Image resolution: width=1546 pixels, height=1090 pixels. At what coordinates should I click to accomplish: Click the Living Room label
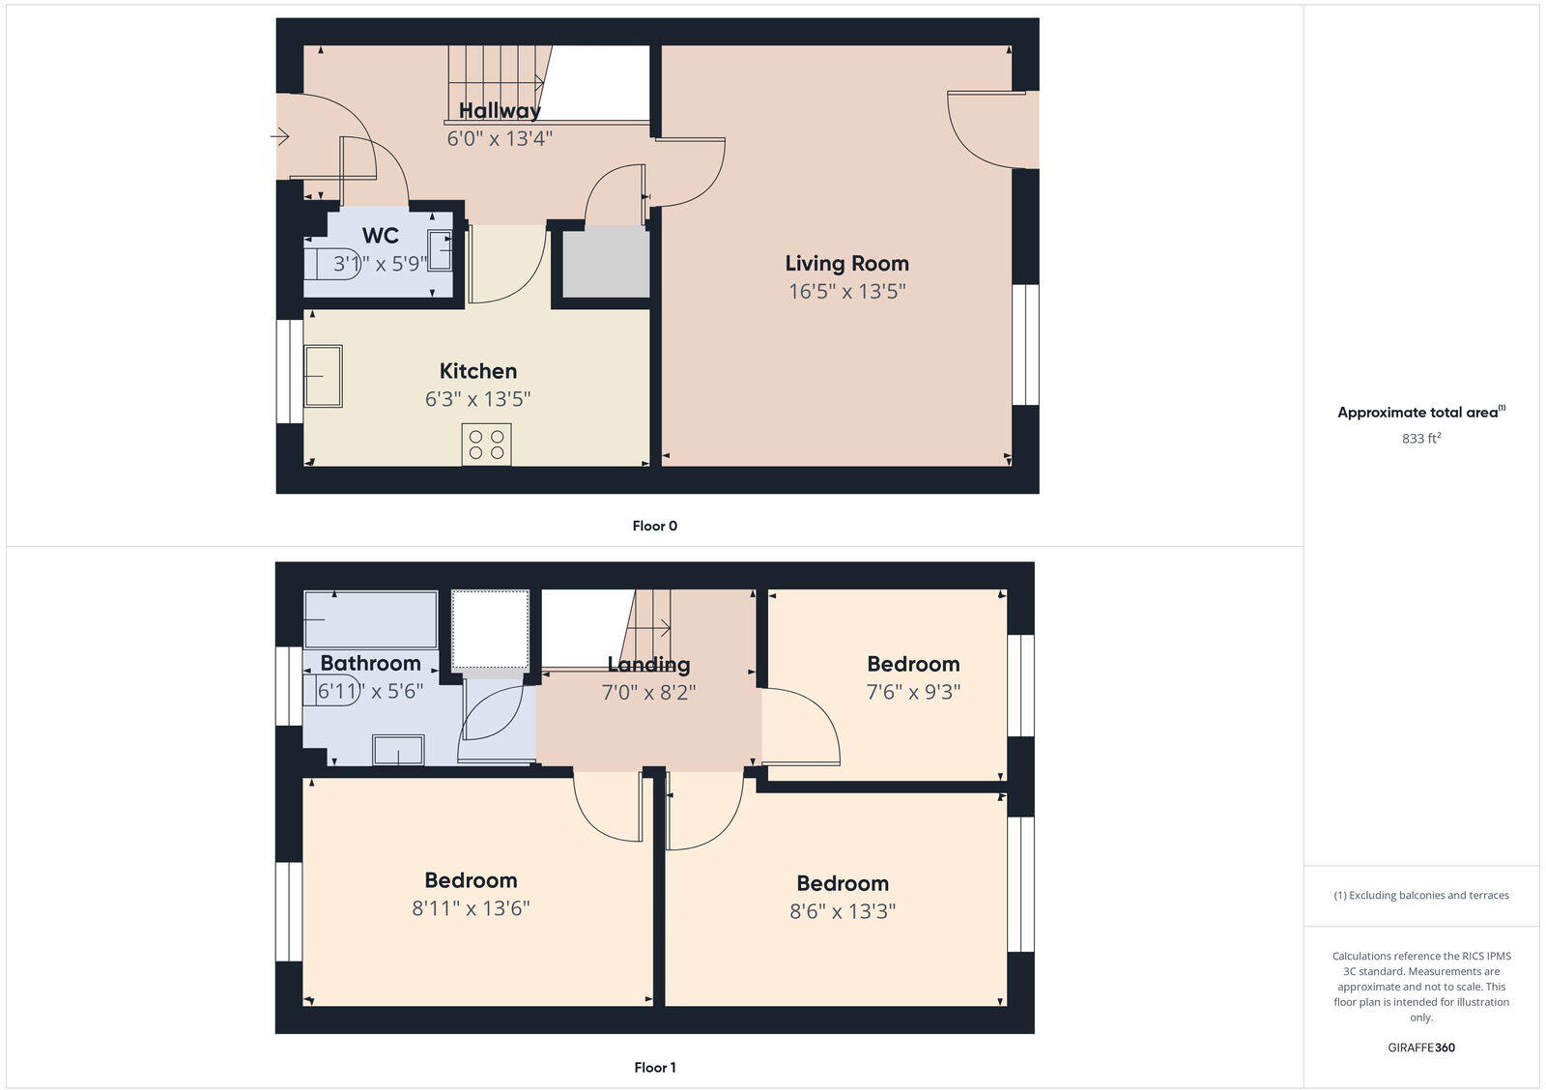click(x=846, y=263)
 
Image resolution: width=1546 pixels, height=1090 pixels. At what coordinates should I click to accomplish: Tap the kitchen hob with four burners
click(x=486, y=445)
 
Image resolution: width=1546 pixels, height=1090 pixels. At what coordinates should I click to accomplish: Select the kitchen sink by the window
click(x=323, y=377)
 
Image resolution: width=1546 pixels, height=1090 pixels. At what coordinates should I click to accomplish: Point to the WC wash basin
click(x=440, y=251)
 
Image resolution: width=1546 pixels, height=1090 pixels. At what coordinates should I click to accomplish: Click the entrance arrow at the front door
click(x=279, y=137)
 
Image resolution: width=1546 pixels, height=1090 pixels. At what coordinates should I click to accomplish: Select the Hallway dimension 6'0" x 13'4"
click(x=499, y=138)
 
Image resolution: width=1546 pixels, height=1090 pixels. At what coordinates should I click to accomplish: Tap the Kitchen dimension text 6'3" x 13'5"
click(x=477, y=399)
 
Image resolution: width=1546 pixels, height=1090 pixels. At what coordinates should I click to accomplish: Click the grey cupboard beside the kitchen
click(x=606, y=263)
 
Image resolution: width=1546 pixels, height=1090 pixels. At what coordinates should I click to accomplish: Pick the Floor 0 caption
click(x=654, y=526)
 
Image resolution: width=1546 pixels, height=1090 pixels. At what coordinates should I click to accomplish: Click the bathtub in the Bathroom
click(x=370, y=619)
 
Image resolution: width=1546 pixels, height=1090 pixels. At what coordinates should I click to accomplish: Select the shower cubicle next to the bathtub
click(x=490, y=628)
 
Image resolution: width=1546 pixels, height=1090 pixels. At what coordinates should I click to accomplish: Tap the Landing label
click(x=648, y=664)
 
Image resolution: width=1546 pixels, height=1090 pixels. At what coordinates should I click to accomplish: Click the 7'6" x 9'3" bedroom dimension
click(x=913, y=692)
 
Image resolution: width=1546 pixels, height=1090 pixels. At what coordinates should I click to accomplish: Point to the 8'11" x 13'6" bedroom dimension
click(x=471, y=908)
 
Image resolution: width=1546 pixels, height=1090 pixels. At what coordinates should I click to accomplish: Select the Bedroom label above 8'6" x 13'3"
click(x=842, y=883)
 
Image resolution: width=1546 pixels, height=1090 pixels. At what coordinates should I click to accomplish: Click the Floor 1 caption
click(x=654, y=1068)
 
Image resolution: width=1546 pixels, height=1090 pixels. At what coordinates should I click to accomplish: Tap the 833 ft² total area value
click(x=1420, y=439)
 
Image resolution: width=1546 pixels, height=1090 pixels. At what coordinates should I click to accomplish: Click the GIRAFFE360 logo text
click(x=1420, y=1047)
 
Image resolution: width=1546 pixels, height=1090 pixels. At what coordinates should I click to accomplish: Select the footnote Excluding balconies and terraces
click(x=1420, y=895)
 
